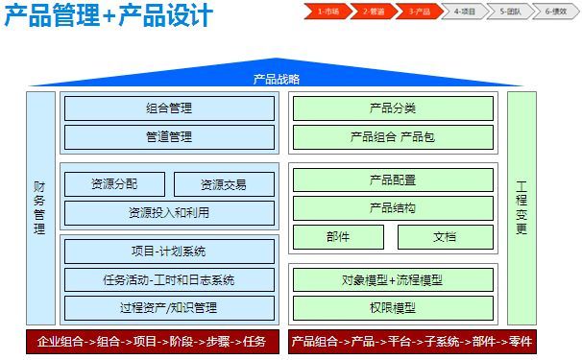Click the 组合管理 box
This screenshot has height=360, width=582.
[x=169, y=108]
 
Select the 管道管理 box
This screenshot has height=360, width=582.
[x=169, y=137]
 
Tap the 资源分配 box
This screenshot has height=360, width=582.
[x=114, y=184]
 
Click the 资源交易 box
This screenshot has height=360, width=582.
[x=224, y=184]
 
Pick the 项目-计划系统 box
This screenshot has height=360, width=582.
[x=169, y=252]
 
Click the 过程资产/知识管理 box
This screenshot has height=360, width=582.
[x=169, y=307]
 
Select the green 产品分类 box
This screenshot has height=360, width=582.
[x=392, y=108]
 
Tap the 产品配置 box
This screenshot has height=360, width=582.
[x=392, y=180]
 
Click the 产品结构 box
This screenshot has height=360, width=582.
[x=392, y=207]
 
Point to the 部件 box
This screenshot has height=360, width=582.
[x=338, y=236]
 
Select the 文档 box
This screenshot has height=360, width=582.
[x=446, y=236]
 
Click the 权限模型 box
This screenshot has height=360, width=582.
[x=392, y=307]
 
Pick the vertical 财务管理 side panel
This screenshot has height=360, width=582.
[x=39, y=208]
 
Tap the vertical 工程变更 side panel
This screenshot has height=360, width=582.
[x=521, y=208]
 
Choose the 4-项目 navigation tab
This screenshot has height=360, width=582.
[x=465, y=12]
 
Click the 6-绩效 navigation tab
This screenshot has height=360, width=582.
[x=556, y=12]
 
